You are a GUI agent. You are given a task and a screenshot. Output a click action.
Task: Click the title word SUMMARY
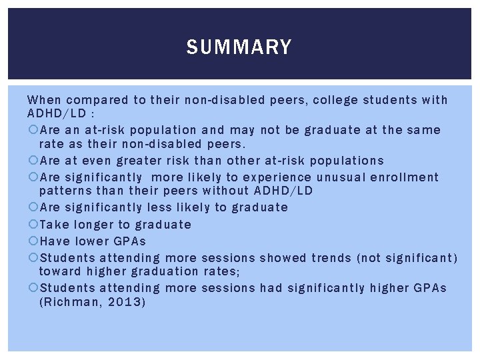pyautogui.click(x=239, y=47)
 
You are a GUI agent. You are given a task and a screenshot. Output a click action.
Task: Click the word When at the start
pyautogui.click(x=43, y=100)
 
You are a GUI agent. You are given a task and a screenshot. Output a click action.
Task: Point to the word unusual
pyautogui.click(x=345, y=177)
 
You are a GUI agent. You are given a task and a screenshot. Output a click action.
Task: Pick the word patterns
pyautogui.click(x=66, y=191)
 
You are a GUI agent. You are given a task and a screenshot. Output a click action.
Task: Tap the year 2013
pyautogui.click(x=127, y=302)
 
